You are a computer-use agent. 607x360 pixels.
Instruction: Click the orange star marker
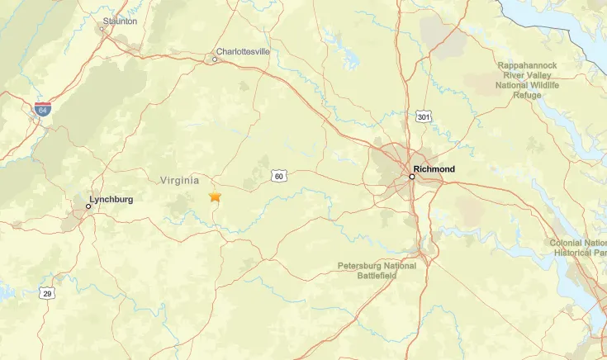(215, 197)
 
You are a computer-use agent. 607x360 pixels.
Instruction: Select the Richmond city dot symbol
(412, 176)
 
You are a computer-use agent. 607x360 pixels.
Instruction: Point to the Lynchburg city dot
(88, 206)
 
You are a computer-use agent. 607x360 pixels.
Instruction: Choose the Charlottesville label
(243, 50)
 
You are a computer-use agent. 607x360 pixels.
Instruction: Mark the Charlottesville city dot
(215, 59)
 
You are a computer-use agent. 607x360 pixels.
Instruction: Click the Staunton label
(121, 21)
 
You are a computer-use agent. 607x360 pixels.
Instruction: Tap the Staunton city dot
(102, 29)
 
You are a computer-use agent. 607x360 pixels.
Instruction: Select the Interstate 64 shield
(43, 108)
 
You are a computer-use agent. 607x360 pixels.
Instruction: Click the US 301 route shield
(424, 117)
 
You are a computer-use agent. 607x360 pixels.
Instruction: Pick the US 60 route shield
(279, 176)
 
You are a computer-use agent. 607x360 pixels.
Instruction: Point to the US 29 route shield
(48, 293)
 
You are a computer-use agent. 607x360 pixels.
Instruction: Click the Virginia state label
(179, 180)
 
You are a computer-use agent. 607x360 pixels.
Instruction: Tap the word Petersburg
(361, 266)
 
